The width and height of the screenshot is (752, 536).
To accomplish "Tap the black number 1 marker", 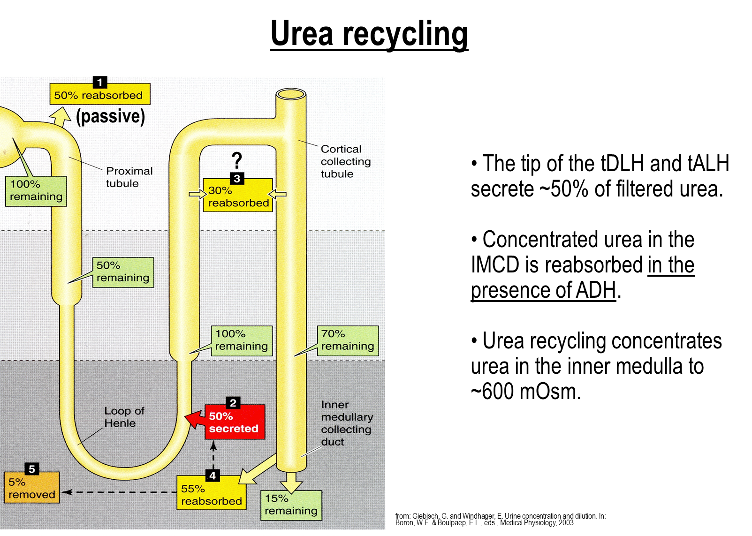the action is (x=100, y=82).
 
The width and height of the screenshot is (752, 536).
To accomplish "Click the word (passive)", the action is (x=110, y=116).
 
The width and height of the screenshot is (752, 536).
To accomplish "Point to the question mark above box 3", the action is (x=237, y=160).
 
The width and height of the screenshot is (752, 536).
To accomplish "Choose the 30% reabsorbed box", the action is (x=238, y=195).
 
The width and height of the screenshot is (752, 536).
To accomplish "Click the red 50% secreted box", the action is (x=235, y=422).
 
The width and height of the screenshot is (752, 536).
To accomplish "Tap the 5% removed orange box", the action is (x=31, y=488).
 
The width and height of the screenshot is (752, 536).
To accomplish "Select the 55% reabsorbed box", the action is (x=212, y=493).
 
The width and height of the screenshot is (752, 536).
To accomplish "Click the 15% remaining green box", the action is (x=291, y=506).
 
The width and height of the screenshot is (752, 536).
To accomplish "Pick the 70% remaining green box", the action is (x=348, y=340).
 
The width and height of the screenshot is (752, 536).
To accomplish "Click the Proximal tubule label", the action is (x=129, y=177).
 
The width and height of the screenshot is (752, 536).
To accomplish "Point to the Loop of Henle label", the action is (x=124, y=417).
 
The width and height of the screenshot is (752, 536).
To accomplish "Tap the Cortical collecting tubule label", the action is (x=346, y=161).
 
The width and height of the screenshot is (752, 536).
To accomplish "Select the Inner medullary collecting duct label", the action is (x=347, y=423).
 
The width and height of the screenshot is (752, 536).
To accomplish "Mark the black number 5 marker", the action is (x=32, y=469).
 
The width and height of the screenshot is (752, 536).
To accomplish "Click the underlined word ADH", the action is (x=596, y=290).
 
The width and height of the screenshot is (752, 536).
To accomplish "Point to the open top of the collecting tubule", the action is (x=291, y=94).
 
